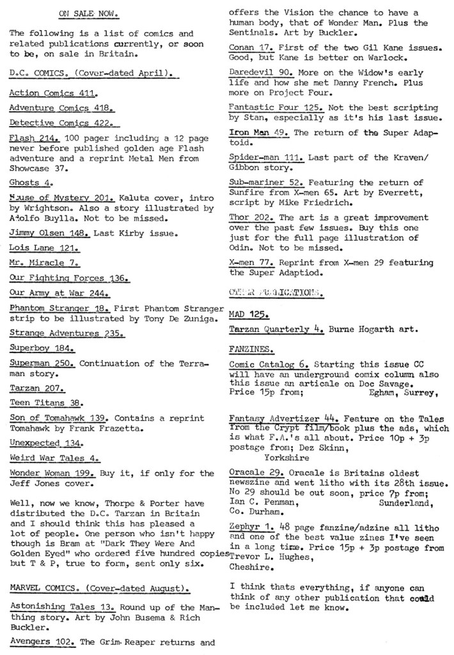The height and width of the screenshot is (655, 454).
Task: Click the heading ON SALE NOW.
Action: [82, 12]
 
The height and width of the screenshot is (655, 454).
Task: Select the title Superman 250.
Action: [42, 363]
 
